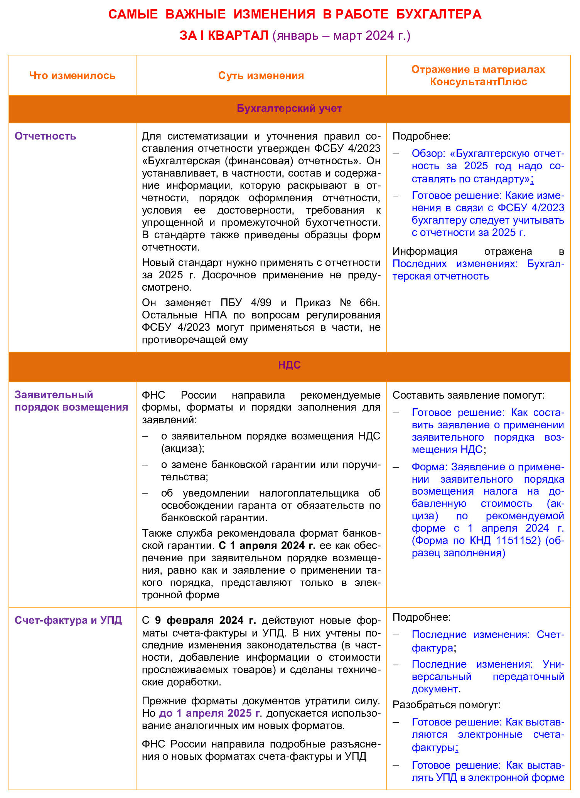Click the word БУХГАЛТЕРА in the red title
(438, 14)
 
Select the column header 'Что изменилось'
(72, 76)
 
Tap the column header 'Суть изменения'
(261, 76)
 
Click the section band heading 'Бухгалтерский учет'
(289, 108)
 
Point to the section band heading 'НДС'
(289, 365)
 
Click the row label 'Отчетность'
(45, 136)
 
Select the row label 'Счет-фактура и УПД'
(68, 620)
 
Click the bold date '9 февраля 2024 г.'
(205, 620)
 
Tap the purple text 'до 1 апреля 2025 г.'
(210, 713)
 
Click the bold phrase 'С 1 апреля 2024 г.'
(267, 545)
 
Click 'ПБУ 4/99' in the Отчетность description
(246, 302)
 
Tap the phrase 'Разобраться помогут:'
(446, 704)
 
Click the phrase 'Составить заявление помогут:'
(469, 395)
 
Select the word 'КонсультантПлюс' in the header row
(478, 82)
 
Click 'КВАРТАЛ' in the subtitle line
(238, 35)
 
